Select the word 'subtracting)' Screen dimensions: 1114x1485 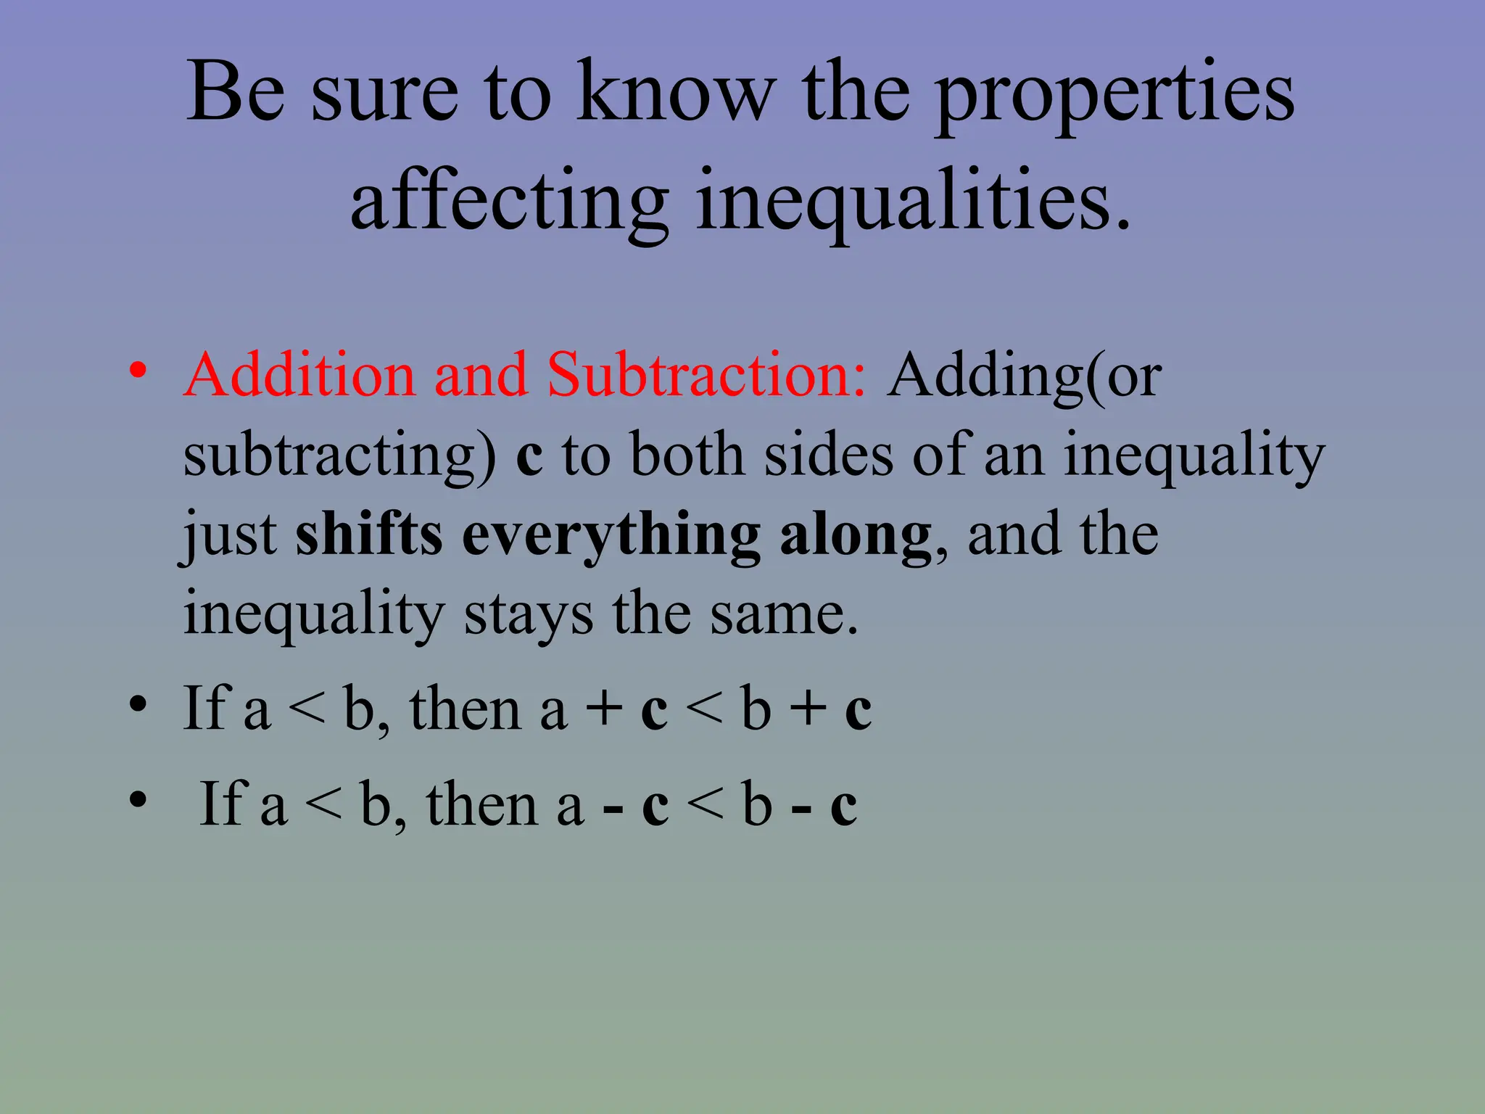[x=339, y=456]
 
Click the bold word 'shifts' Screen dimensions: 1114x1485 [x=369, y=535]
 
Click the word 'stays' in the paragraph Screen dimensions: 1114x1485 [x=528, y=615]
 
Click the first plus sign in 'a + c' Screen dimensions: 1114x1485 [x=605, y=709]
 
